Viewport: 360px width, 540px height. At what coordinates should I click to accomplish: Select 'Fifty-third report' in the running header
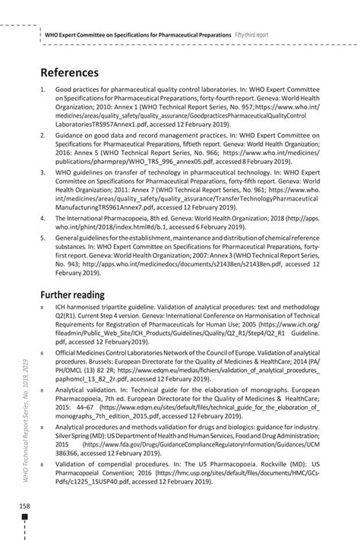tap(263, 36)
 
